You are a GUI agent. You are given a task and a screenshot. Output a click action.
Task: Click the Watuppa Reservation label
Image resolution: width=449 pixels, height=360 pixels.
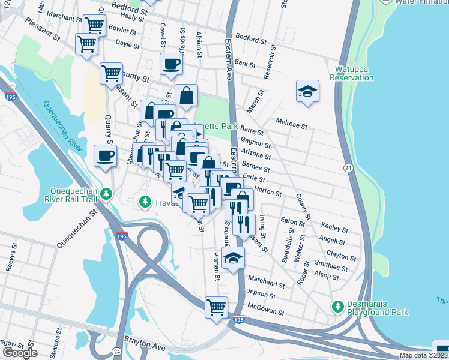(x=352, y=73)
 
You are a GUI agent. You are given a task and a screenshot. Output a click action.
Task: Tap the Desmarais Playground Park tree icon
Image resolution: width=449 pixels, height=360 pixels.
(x=338, y=307)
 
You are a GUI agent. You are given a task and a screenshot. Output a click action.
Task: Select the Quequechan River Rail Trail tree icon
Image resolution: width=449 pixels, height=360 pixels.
(x=106, y=194)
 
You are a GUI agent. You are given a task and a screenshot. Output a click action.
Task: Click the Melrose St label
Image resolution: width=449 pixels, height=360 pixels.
(x=291, y=124)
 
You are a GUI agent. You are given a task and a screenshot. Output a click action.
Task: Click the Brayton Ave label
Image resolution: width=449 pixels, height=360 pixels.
(x=145, y=343)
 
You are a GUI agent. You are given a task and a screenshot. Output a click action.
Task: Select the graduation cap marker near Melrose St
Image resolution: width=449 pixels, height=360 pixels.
(x=307, y=91)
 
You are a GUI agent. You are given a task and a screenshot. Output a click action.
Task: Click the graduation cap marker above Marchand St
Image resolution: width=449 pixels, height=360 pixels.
(x=233, y=258)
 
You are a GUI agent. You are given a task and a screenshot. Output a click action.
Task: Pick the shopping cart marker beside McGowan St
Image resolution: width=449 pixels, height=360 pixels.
(x=216, y=307)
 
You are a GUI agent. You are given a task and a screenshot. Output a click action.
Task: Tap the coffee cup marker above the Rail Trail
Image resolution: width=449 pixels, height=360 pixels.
(x=106, y=156)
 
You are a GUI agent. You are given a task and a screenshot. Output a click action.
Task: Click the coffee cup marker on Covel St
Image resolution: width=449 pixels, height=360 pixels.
(x=171, y=64)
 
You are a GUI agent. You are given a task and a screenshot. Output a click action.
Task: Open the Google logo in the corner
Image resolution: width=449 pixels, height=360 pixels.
(x=20, y=353)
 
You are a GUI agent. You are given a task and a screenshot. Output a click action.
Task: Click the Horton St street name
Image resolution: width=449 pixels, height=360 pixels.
(x=268, y=191)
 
